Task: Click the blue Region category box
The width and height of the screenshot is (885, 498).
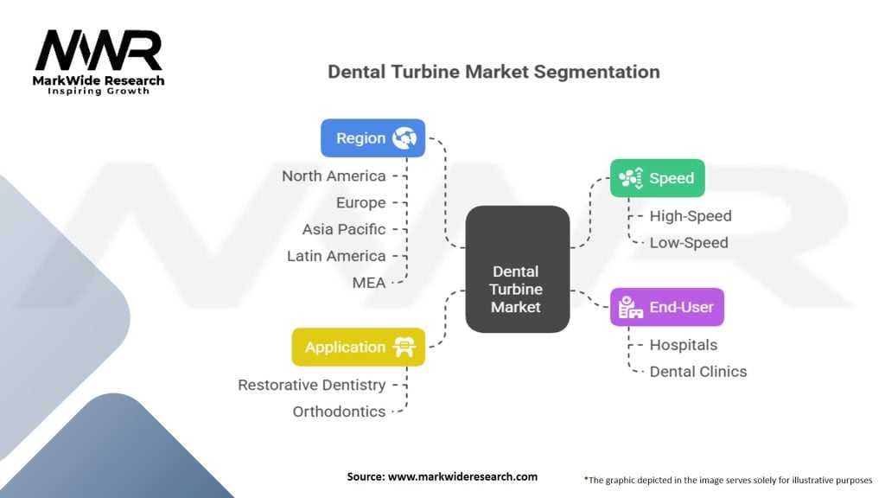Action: click(372, 137)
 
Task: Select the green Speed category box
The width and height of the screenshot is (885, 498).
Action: click(657, 178)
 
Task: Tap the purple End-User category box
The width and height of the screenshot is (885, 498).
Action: click(666, 307)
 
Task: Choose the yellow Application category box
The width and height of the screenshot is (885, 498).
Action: click(358, 347)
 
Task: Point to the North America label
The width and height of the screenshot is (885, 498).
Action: click(334, 176)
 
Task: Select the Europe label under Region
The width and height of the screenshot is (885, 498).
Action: click(360, 202)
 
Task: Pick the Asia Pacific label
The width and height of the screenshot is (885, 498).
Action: click(344, 229)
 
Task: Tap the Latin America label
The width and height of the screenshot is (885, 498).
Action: click(336, 256)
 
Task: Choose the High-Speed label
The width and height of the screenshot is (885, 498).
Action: click(691, 216)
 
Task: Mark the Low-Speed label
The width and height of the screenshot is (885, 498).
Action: click(689, 242)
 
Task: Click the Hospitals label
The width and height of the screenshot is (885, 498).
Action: click(684, 345)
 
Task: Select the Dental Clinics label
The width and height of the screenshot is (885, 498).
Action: click(698, 372)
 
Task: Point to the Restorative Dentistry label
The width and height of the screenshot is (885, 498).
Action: click(312, 385)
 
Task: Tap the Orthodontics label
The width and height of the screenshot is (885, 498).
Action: click(339, 412)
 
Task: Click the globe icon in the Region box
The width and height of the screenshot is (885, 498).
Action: click(404, 137)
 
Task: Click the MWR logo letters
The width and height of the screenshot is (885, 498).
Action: click(99, 51)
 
